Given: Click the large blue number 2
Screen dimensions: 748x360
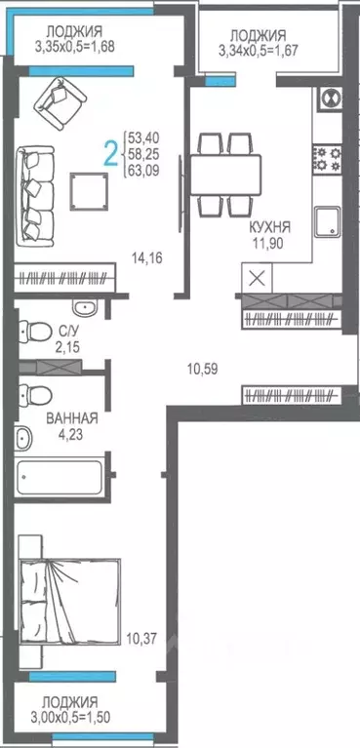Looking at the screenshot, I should click(111, 153).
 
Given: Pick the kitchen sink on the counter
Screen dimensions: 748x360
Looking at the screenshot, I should click(326, 218).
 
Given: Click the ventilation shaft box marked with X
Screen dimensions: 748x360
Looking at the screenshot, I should click(257, 277).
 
